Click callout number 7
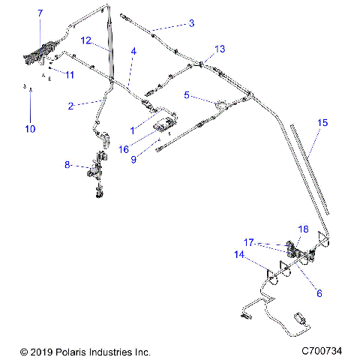pyautogui.click(x=40, y=13)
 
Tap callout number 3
pyautogui.click(x=191, y=23)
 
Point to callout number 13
pyautogui.click(x=219, y=49)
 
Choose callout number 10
pyautogui.click(x=30, y=129)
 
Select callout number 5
pyautogui.click(x=187, y=95)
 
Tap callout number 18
pyautogui.click(x=304, y=229)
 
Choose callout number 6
pyautogui.click(x=319, y=293)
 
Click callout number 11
pyautogui.click(x=70, y=75)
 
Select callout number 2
pyautogui.click(x=70, y=106)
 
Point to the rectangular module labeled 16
pyautogui.click(x=166, y=123)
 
